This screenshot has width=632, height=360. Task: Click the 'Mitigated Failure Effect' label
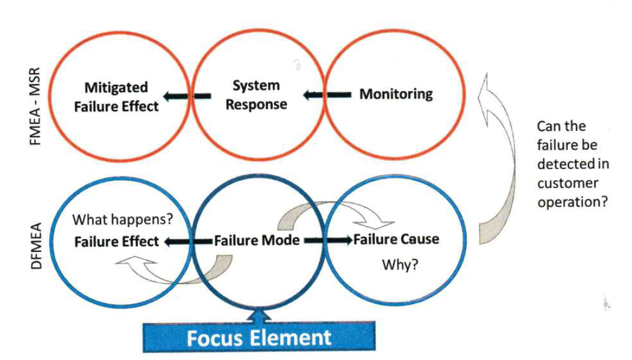[x=121, y=96]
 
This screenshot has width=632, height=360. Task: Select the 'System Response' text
[x=256, y=95]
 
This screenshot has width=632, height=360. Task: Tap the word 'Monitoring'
[x=396, y=94]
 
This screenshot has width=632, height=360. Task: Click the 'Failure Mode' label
[x=256, y=240]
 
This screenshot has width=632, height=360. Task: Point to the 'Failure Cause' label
[x=396, y=239]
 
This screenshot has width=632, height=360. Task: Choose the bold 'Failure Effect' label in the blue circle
[x=116, y=241]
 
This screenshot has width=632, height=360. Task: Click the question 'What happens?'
[x=123, y=220]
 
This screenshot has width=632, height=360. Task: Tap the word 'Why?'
[x=400, y=265]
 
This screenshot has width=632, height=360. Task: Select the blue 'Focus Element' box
[x=259, y=337]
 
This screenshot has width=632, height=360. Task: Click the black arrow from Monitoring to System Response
[x=327, y=94]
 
